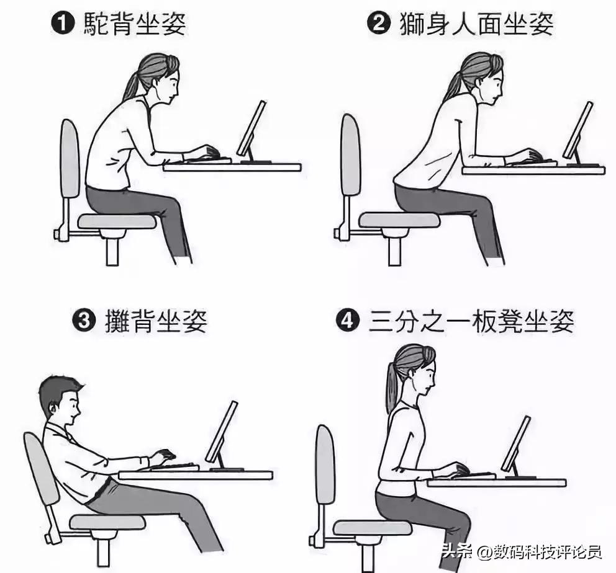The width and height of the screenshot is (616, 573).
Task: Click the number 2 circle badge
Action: click(377, 25)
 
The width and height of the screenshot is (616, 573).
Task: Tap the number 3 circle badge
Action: click(83, 322)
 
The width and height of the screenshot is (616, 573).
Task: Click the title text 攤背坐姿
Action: click(155, 322)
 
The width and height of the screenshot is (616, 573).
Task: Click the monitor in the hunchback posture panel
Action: click(251, 129)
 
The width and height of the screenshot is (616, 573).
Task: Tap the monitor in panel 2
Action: click(577, 130)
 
